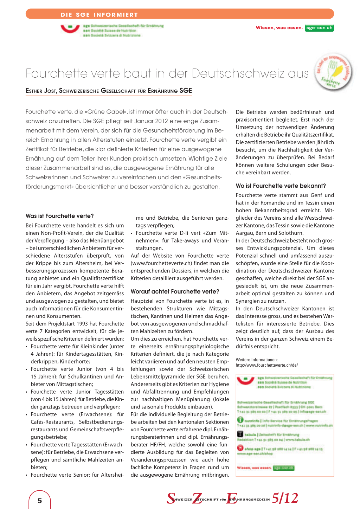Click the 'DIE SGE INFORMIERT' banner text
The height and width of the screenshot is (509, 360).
coord(99,15)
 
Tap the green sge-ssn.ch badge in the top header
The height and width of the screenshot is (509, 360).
coord(319,28)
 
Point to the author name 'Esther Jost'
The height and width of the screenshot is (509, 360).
coord(41,91)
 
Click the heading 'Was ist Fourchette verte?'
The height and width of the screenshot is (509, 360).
coord(59,216)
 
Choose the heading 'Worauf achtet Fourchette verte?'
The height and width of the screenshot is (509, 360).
coord(175,291)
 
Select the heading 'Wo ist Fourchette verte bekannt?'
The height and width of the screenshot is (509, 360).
coord(281,186)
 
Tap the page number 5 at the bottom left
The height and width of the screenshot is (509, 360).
coord(40,501)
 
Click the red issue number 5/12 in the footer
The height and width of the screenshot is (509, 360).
coord(285,498)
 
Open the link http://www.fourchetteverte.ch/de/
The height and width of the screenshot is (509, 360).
coord(266,365)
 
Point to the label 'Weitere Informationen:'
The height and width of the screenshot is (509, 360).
coord(257,360)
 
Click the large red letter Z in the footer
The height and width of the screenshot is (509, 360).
coord(197,498)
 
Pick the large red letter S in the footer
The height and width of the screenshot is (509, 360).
coord(171,498)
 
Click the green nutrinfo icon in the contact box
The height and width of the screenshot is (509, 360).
coord(240,420)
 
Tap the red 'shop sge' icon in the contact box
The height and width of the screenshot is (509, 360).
coord(240,448)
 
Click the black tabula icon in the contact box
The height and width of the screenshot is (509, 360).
coord(240,434)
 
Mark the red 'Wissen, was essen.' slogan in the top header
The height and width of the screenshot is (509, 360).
coord(279,28)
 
